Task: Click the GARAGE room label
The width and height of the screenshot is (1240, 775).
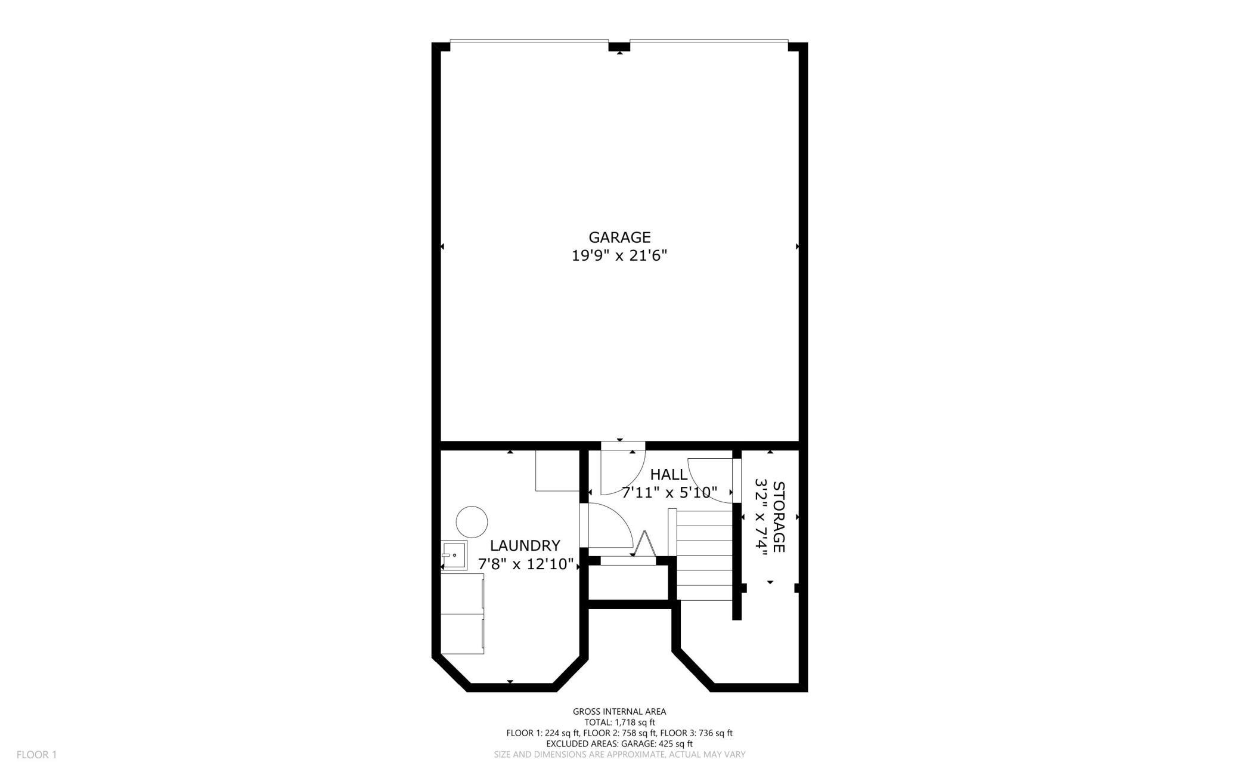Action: (x=619, y=237)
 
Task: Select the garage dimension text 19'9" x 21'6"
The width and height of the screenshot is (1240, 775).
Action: (x=619, y=256)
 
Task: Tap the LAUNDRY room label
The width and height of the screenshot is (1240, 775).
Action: (x=525, y=545)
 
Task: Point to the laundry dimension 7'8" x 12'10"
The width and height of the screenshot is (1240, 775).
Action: (x=526, y=564)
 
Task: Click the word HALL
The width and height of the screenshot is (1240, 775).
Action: (x=669, y=474)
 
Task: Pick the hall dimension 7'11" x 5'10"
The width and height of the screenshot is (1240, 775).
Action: (x=669, y=493)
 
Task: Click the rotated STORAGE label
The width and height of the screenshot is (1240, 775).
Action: (x=779, y=517)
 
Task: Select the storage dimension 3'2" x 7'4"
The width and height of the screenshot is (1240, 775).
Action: (x=760, y=517)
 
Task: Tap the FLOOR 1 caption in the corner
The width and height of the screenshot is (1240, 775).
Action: (x=36, y=755)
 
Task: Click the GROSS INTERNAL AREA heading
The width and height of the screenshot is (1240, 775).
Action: (x=619, y=711)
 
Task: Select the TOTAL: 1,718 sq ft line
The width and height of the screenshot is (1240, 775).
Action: (x=619, y=722)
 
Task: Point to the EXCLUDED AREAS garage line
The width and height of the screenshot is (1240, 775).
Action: (x=619, y=744)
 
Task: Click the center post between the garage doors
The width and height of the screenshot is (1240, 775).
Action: (x=619, y=47)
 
